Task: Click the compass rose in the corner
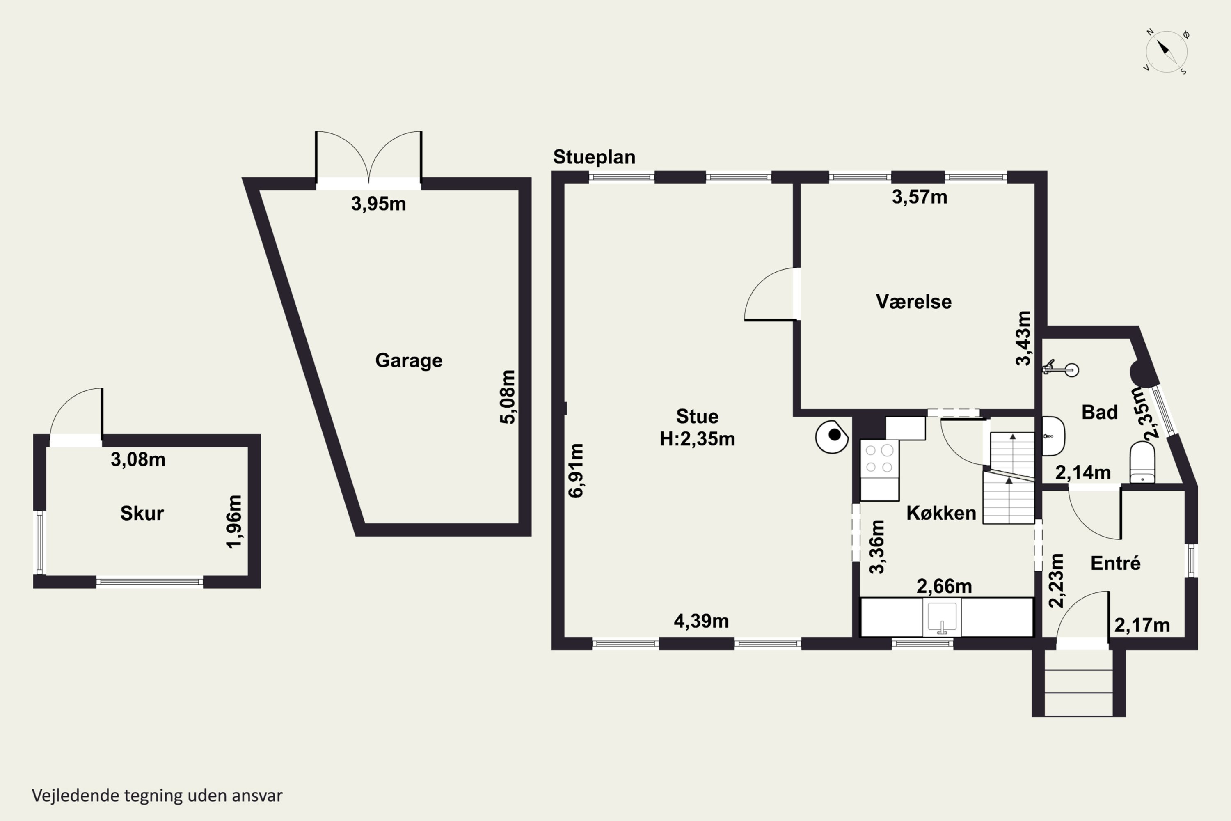point(1166,51)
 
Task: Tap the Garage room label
point(409,361)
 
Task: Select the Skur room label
point(142,513)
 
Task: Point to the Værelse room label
point(913,302)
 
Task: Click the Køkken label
point(941,513)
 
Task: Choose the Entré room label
point(1115,563)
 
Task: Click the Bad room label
point(1100,412)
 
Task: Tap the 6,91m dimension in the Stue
point(576,470)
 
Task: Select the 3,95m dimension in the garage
point(378,204)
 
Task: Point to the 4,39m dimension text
point(701,621)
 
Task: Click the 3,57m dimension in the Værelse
point(920,197)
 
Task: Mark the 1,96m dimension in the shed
point(234,521)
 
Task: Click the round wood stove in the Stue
point(832,436)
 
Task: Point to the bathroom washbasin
point(1053,436)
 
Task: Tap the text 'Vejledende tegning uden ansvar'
point(157,796)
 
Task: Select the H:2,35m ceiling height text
point(697,439)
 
